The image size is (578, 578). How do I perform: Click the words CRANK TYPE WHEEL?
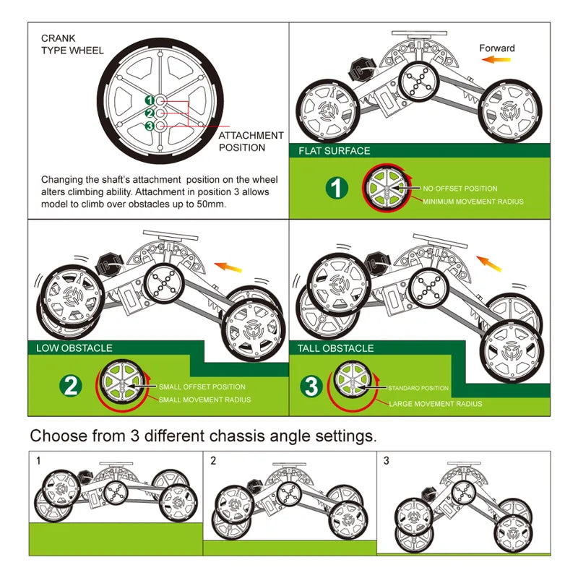coord(72,44)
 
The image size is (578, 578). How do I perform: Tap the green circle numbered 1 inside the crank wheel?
coord(149,100)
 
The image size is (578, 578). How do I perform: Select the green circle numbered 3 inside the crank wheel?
coord(149,126)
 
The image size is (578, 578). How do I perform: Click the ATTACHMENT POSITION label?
coord(251,141)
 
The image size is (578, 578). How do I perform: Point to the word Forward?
coord(497,48)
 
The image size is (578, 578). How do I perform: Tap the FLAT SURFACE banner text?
coord(334,151)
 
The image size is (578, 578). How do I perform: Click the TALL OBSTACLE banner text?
coord(335,348)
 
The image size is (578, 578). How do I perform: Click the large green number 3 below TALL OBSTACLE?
coord(311,387)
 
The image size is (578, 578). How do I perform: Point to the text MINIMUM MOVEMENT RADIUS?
coord(473,202)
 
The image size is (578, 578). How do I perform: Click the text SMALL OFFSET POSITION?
coord(202,387)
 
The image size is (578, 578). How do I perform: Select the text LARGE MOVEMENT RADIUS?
coord(436,404)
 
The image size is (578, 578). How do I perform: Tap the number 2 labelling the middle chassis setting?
coord(213,460)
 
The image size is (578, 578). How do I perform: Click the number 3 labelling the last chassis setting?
coord(386,460)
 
